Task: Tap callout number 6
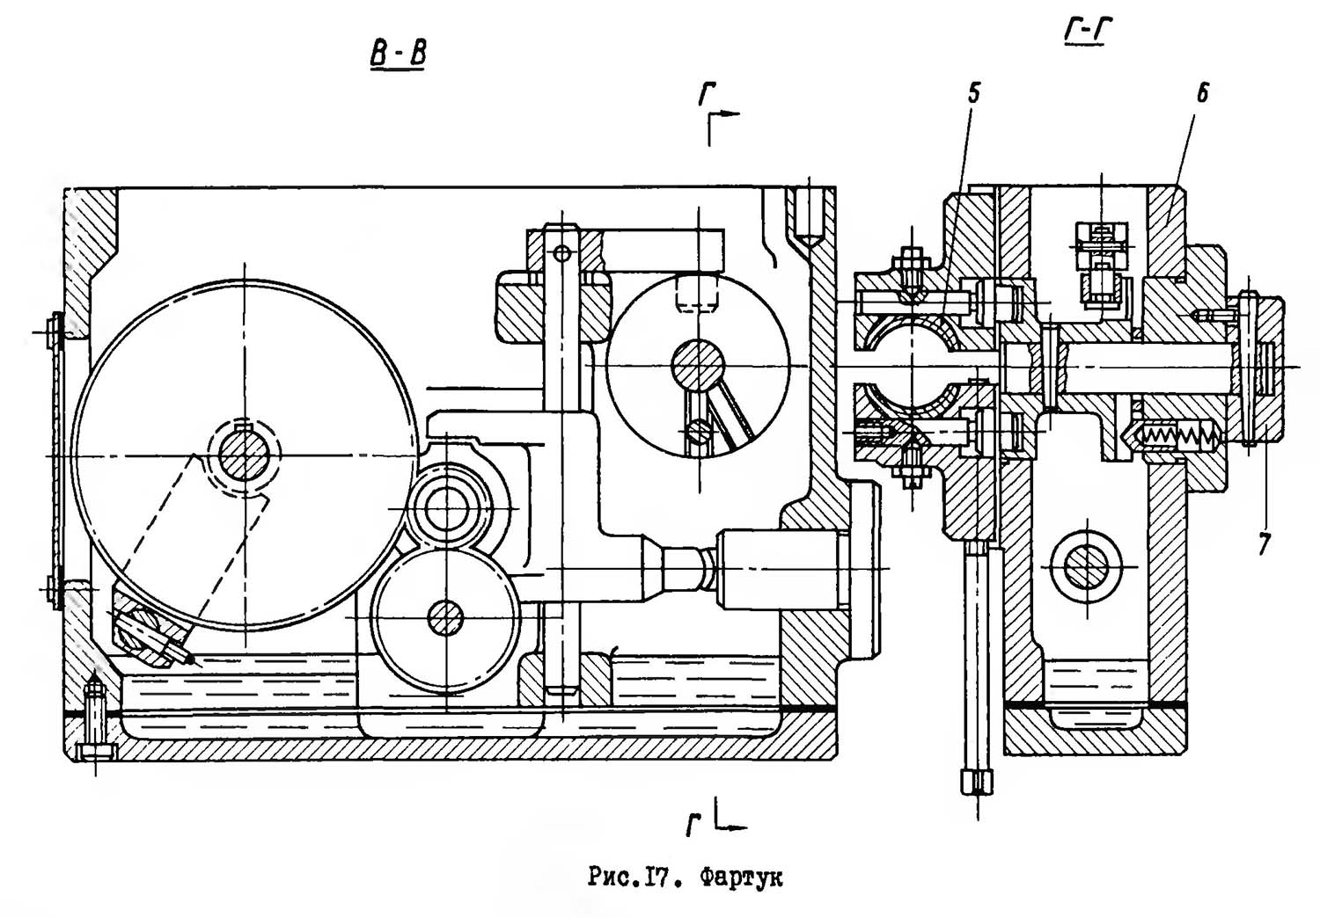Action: click(1202, 93)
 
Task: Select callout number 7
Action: click(1262, 544)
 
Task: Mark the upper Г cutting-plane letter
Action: click(707, 94)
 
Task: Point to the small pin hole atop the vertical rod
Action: click(563, 254)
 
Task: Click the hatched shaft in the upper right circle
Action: click(698, 366)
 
